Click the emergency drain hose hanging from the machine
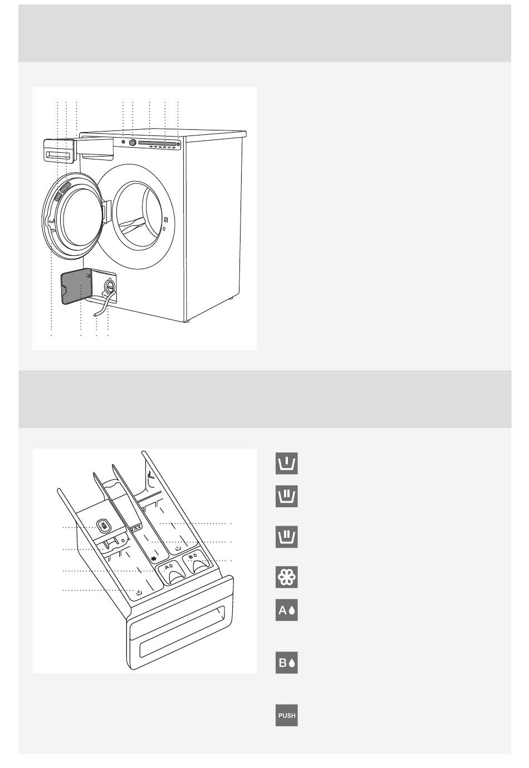pos(100,308)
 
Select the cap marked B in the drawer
pos(195,563)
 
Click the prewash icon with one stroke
pos(287,463)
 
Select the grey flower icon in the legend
pos(287,577)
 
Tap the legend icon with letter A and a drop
pos(287,610)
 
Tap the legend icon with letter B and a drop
pos(287,663)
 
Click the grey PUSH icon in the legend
pos(287,715)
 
